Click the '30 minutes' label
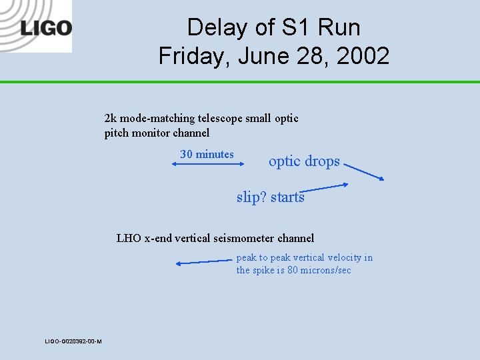pyautogui.click(x=207, y=155)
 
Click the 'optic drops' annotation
pyautogui.click(x=304, y=161)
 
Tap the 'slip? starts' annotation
pyautogui.click(x=270, y=197)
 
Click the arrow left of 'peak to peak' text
pyautogui.click(x=203, y=262)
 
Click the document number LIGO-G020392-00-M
pyautogui.click(x=73, y=341)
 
